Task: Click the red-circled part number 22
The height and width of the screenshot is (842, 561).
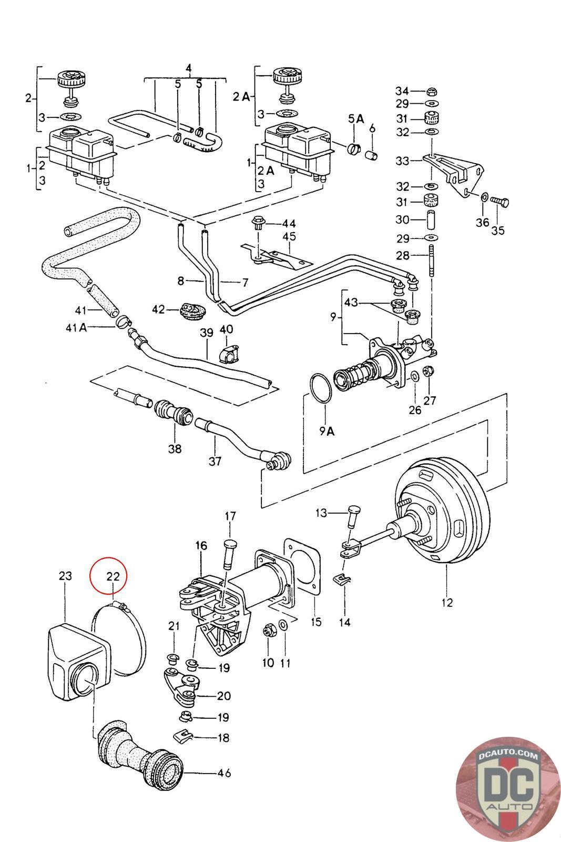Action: [113, 576]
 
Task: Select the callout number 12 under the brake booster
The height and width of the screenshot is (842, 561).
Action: [446, 603]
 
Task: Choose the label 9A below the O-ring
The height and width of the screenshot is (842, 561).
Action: [327, 432]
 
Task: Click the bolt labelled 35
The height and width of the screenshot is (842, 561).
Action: [500, 201]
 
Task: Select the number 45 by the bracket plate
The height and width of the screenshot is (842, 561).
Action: [289, 236]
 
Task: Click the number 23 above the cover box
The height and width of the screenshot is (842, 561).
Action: [65, 576]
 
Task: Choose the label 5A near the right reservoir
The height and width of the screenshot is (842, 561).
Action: [356, 119]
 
